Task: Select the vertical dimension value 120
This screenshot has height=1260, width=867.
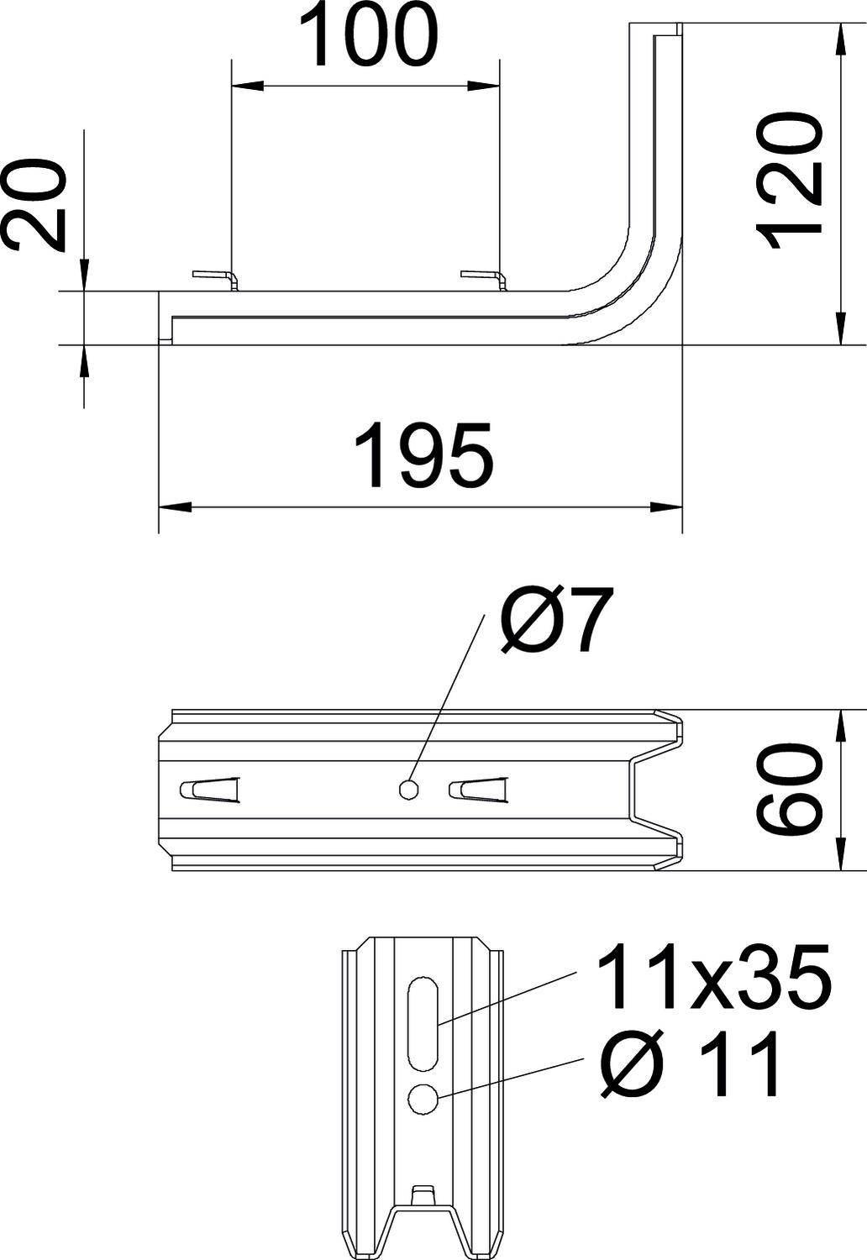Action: click(788, 183)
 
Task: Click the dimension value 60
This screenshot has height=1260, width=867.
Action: click(788, 790)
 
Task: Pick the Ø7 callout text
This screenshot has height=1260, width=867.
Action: click(552, 623)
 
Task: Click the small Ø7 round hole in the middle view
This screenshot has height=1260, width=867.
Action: click(409, 790)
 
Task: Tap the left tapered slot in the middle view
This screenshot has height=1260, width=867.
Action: click(210, 789)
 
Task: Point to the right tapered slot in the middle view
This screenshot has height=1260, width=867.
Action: click(478, 789)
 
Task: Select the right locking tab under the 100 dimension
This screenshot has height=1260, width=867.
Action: click(484, 277)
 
